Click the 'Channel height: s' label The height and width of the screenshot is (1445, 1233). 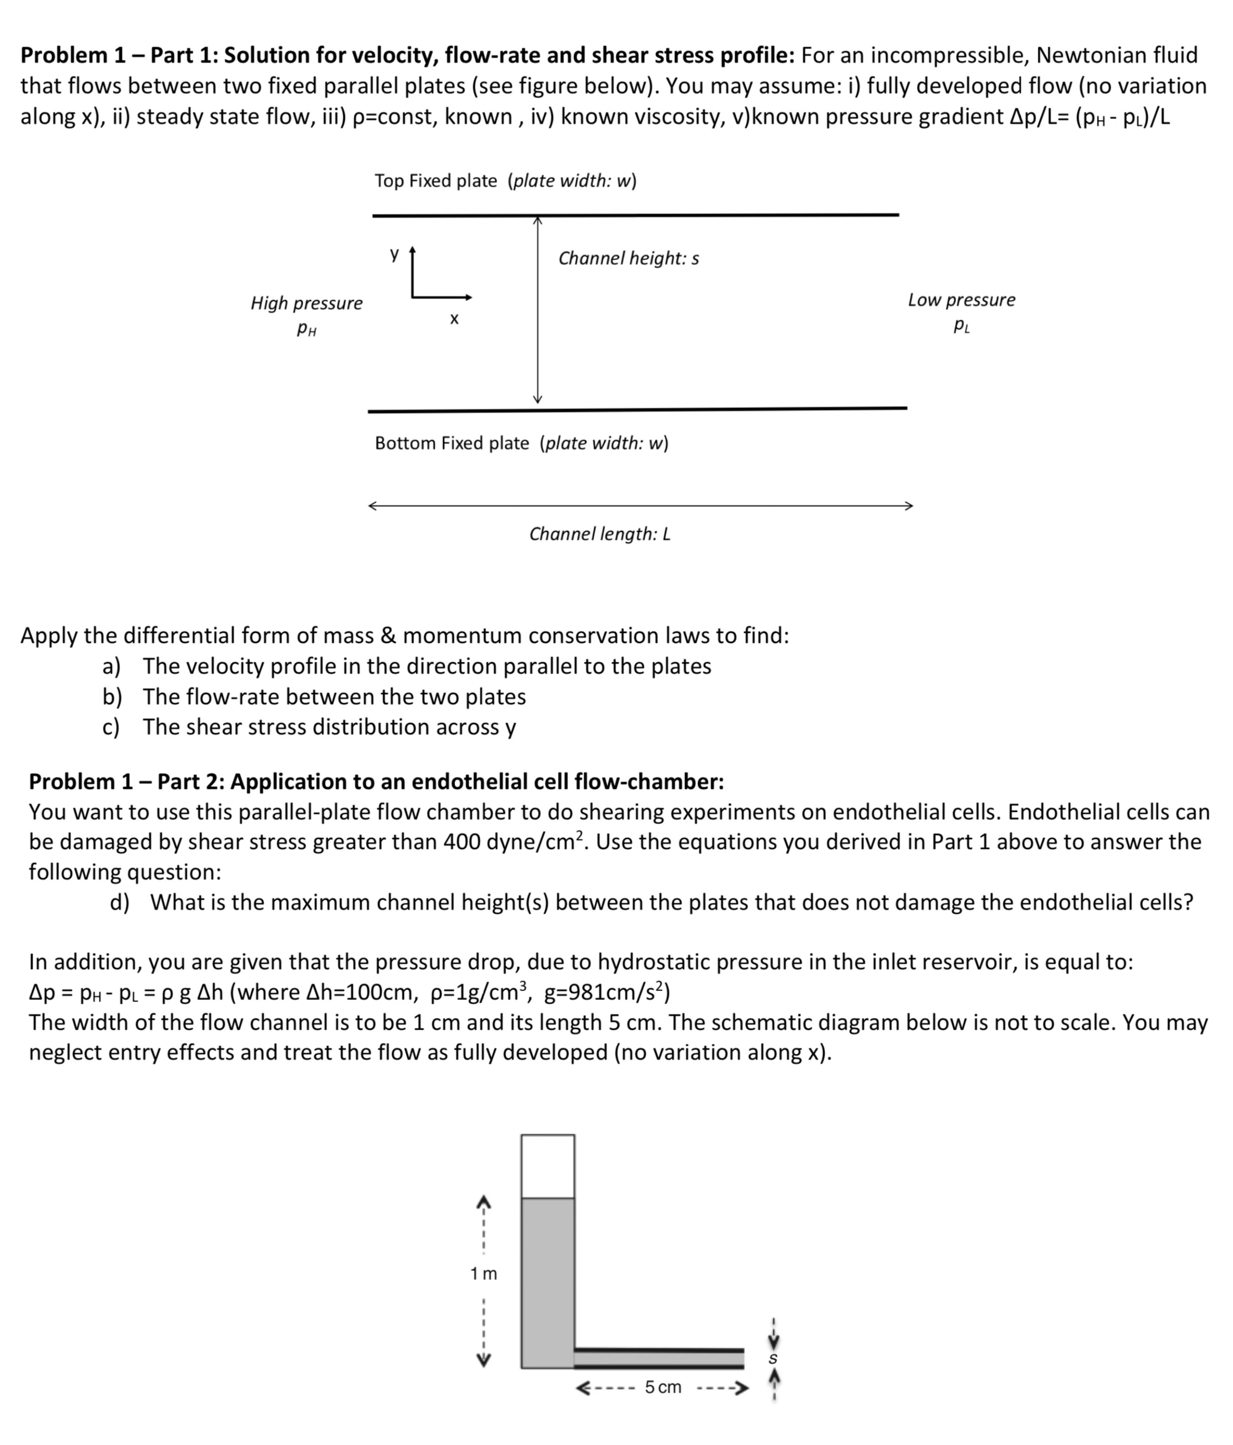628,259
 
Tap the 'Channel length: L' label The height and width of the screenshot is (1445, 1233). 599,534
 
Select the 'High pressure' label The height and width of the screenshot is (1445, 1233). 307,304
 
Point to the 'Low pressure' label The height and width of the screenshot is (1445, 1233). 961,300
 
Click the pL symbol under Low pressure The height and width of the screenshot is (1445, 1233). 961,326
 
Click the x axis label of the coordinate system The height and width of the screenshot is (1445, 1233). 454,320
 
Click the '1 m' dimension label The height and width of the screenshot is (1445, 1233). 483,1273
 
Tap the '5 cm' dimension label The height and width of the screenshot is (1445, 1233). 662,1387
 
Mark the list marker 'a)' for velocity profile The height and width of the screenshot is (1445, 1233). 111,667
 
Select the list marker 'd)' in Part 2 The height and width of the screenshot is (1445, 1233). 119,903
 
